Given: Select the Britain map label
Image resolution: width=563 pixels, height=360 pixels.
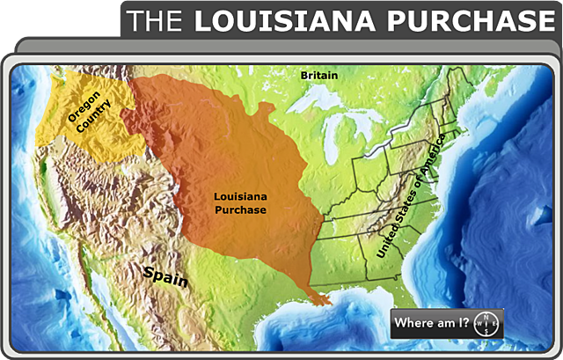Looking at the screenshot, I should tap(318, 76).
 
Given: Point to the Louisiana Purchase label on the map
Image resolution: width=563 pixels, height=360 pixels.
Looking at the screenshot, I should tap(241, 203).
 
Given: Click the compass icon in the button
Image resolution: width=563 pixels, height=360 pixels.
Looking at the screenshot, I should tap(486, 322).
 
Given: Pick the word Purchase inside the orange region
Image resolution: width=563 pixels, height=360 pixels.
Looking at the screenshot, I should tap(241, 209).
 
